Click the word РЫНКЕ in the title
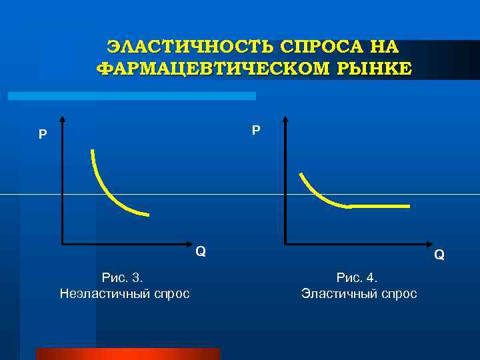pyautogui.click(x=374, y=68)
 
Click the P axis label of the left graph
pyautogui.click(x=43, y=135)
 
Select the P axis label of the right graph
pyautogui.click(x=256, y=129)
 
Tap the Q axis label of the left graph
pyautogui.click(x=200, y=251)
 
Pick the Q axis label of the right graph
pyautogui.click(x=439, y=254)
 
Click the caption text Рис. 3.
pyautogui.click(x=123, y=277)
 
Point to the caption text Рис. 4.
pyautogui.click(x=357, y=277)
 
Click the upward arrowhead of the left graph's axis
pyautogui.click(x=62, y=121)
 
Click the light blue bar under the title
pyautogui.click(x=131, y=96)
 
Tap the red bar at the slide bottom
pyautogui.click(x=127, y=353)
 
